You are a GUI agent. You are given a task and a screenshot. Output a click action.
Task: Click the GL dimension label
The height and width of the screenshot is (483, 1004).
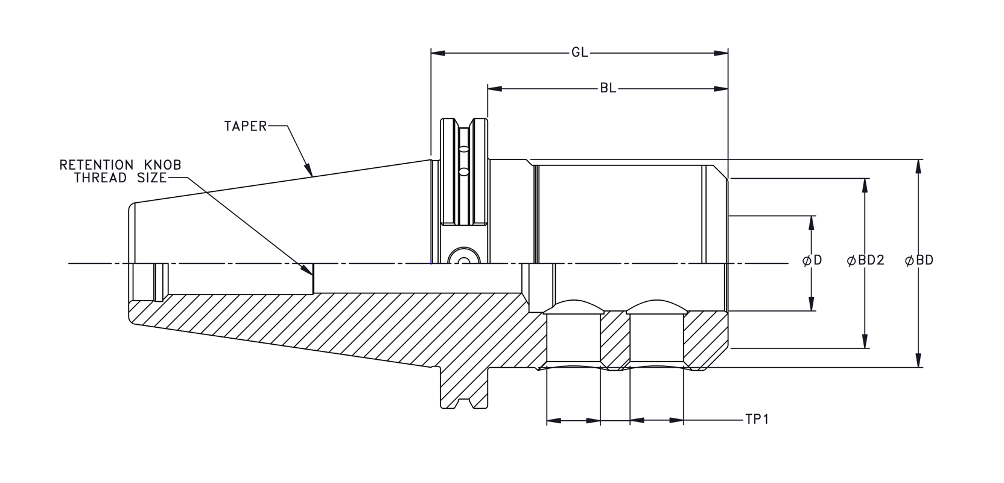coord(579,53)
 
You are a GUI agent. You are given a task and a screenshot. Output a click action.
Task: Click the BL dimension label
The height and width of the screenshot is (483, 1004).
coord(608,89)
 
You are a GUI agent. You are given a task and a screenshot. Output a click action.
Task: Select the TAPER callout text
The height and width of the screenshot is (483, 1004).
coord(245,126)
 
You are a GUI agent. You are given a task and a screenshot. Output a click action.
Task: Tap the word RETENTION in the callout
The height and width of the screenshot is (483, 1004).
coord(96,165)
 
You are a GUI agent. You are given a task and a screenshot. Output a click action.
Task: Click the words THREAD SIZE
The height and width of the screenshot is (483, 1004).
coord(120,178)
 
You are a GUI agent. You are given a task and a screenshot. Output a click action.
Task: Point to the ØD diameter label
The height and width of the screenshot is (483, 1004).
coord(812,261)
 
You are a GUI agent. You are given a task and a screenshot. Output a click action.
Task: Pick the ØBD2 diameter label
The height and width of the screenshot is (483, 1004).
coord(866,261)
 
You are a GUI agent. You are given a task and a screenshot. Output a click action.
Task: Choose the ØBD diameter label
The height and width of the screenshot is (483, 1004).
coord(919,261)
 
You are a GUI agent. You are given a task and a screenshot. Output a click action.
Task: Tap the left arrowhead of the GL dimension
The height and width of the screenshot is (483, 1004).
coord(438,53)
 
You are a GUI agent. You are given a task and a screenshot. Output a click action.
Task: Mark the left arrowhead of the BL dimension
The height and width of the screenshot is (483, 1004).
coord(495,89)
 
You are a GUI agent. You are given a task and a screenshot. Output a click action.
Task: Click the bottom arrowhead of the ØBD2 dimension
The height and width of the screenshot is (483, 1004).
coord(866,341)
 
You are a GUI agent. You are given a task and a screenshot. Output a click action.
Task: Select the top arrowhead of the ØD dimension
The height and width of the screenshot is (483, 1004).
coord(812,223)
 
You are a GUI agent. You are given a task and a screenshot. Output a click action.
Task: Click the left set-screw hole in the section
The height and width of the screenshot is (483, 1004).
coord(573,338)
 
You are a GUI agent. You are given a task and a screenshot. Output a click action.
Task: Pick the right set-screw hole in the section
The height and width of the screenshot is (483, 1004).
coord(656,338)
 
